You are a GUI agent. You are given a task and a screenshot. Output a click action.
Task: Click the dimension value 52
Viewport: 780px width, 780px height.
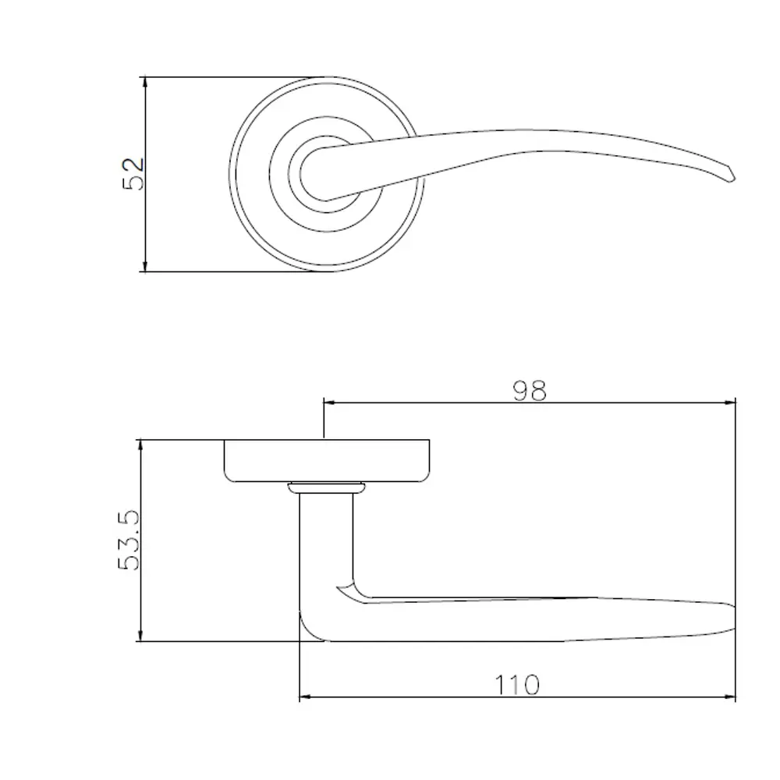coord(134,173)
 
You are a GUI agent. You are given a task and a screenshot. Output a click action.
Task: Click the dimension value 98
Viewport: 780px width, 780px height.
coord(530,390)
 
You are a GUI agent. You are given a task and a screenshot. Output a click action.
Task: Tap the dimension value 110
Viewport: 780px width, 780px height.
coord(517,685)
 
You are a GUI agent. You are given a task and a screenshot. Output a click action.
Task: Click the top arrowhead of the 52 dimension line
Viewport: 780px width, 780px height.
coord(145,81)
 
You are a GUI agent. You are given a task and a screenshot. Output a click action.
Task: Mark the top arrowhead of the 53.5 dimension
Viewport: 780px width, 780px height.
coord(140,445)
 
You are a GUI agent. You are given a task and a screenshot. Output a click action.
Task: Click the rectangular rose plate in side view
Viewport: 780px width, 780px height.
coord(327,460)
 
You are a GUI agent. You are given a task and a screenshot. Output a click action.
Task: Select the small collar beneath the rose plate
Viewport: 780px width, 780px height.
coord(327,488)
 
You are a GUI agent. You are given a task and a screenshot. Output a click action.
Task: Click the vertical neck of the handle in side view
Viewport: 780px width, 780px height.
coord(326,546)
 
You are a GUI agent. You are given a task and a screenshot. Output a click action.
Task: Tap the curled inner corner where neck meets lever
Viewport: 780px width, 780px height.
coord(348,590)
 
